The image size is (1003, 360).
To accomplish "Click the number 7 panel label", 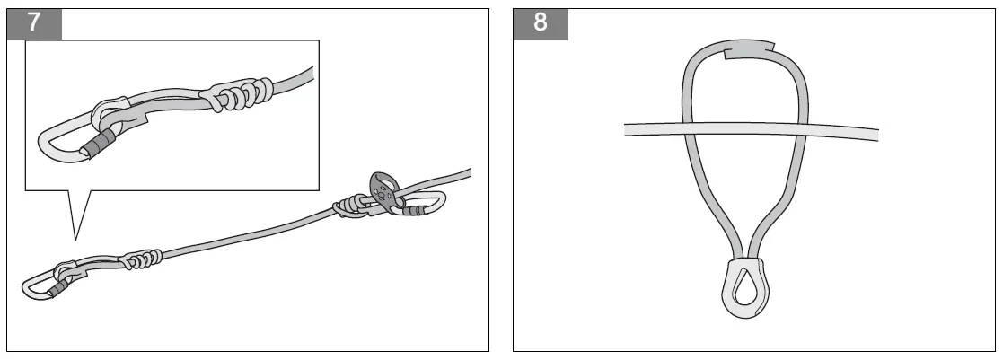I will (x=34, y=22).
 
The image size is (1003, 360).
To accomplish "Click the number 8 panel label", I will (x=540, y=22).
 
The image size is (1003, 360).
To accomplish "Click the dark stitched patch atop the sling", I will (x=748, y=49).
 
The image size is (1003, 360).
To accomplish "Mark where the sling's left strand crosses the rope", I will (x=690, y=129).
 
